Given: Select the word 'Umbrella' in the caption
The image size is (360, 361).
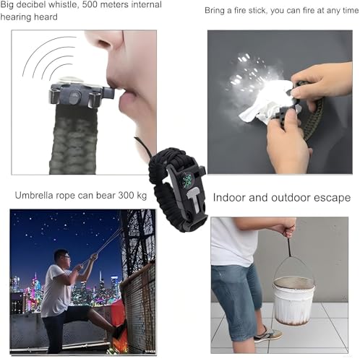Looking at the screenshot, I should [37, 196].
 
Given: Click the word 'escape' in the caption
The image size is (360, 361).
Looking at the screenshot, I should [333, 197].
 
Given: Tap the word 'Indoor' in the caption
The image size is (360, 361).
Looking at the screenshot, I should [231, 197].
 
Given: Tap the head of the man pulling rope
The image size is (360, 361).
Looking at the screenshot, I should [62, 258].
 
